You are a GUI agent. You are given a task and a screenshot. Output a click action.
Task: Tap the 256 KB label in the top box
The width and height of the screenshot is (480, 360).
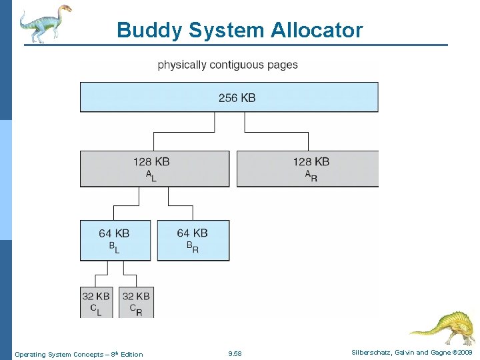pyautogui.click(x=237, y=98)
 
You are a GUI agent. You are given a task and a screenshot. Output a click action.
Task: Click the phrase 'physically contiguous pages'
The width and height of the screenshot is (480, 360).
pyautogui.click(x=227, y=65)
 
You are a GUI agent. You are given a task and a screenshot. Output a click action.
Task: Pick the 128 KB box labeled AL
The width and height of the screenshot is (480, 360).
pyautogui.click(x=154, y=169)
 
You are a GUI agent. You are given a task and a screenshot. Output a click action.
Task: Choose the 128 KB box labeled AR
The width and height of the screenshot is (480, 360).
pyautogui.click(x=307, y=169)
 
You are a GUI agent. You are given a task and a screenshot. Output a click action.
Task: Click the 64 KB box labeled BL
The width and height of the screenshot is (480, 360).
pyautogui.click(x=114, y=240)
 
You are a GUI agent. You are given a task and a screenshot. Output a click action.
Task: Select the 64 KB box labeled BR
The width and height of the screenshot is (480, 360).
pyautogui.click(x=193, y=240)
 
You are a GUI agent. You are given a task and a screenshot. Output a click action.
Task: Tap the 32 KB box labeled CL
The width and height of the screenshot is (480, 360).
pyautogui.click(x=96, y=302)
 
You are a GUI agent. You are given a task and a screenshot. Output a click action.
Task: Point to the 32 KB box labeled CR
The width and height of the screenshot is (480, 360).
pyautogui.click(x=136, y=302)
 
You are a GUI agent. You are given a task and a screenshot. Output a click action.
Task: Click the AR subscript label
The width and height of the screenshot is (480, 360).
pyautogui.click(x=310, y=175)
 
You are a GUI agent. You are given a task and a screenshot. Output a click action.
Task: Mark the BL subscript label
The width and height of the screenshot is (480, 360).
pyautogui.click(x=114, y=247)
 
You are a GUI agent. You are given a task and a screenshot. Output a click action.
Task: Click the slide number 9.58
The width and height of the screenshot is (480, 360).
pyautogui.click(x=235, y=354)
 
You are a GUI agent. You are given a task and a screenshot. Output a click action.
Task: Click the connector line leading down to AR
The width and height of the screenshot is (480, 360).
pyautogui.click(x=308, y=141)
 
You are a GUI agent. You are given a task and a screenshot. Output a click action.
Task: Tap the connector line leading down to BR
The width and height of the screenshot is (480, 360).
pyautogui.click(x=193, y=213)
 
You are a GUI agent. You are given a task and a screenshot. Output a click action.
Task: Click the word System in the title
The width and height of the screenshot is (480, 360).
pyautogui.click(x=226, y=31)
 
